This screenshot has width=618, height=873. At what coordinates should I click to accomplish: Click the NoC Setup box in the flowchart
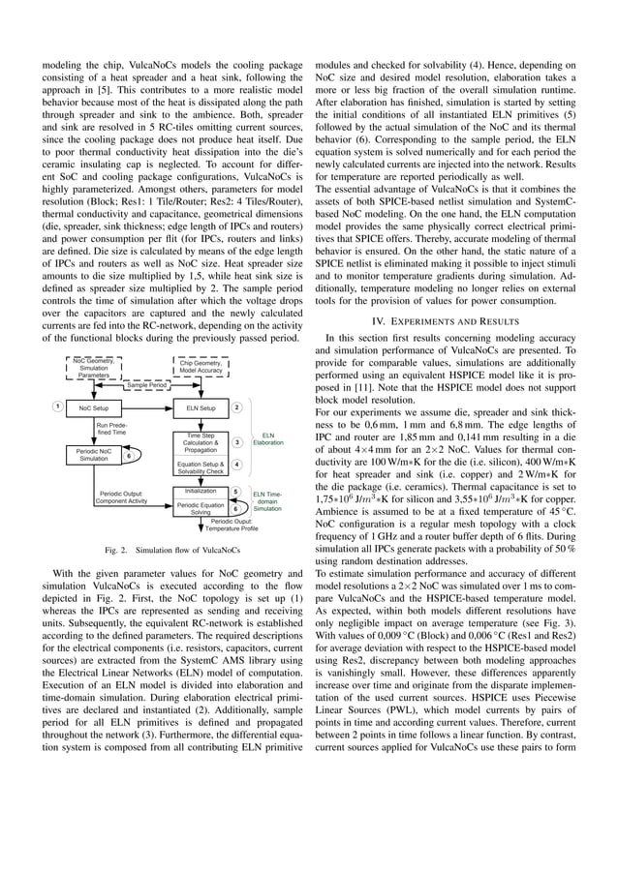(x=94, y=407)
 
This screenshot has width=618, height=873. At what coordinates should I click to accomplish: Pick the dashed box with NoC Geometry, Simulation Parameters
(x=94, y=368)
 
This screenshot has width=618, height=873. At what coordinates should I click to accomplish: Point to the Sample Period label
(x=147, y=384)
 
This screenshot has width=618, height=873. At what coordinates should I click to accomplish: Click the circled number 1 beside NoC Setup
(x=58, y=406)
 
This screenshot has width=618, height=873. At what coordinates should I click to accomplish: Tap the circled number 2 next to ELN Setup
(x=236, y=407)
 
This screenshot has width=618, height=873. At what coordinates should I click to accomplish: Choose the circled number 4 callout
(x=236, y=466)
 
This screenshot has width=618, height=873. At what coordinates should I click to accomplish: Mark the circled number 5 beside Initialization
(x=235, y=492)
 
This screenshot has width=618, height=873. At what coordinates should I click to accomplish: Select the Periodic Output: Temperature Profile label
(x=232, y=525)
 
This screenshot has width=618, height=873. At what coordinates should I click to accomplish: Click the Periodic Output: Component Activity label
(x=121, y=497)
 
